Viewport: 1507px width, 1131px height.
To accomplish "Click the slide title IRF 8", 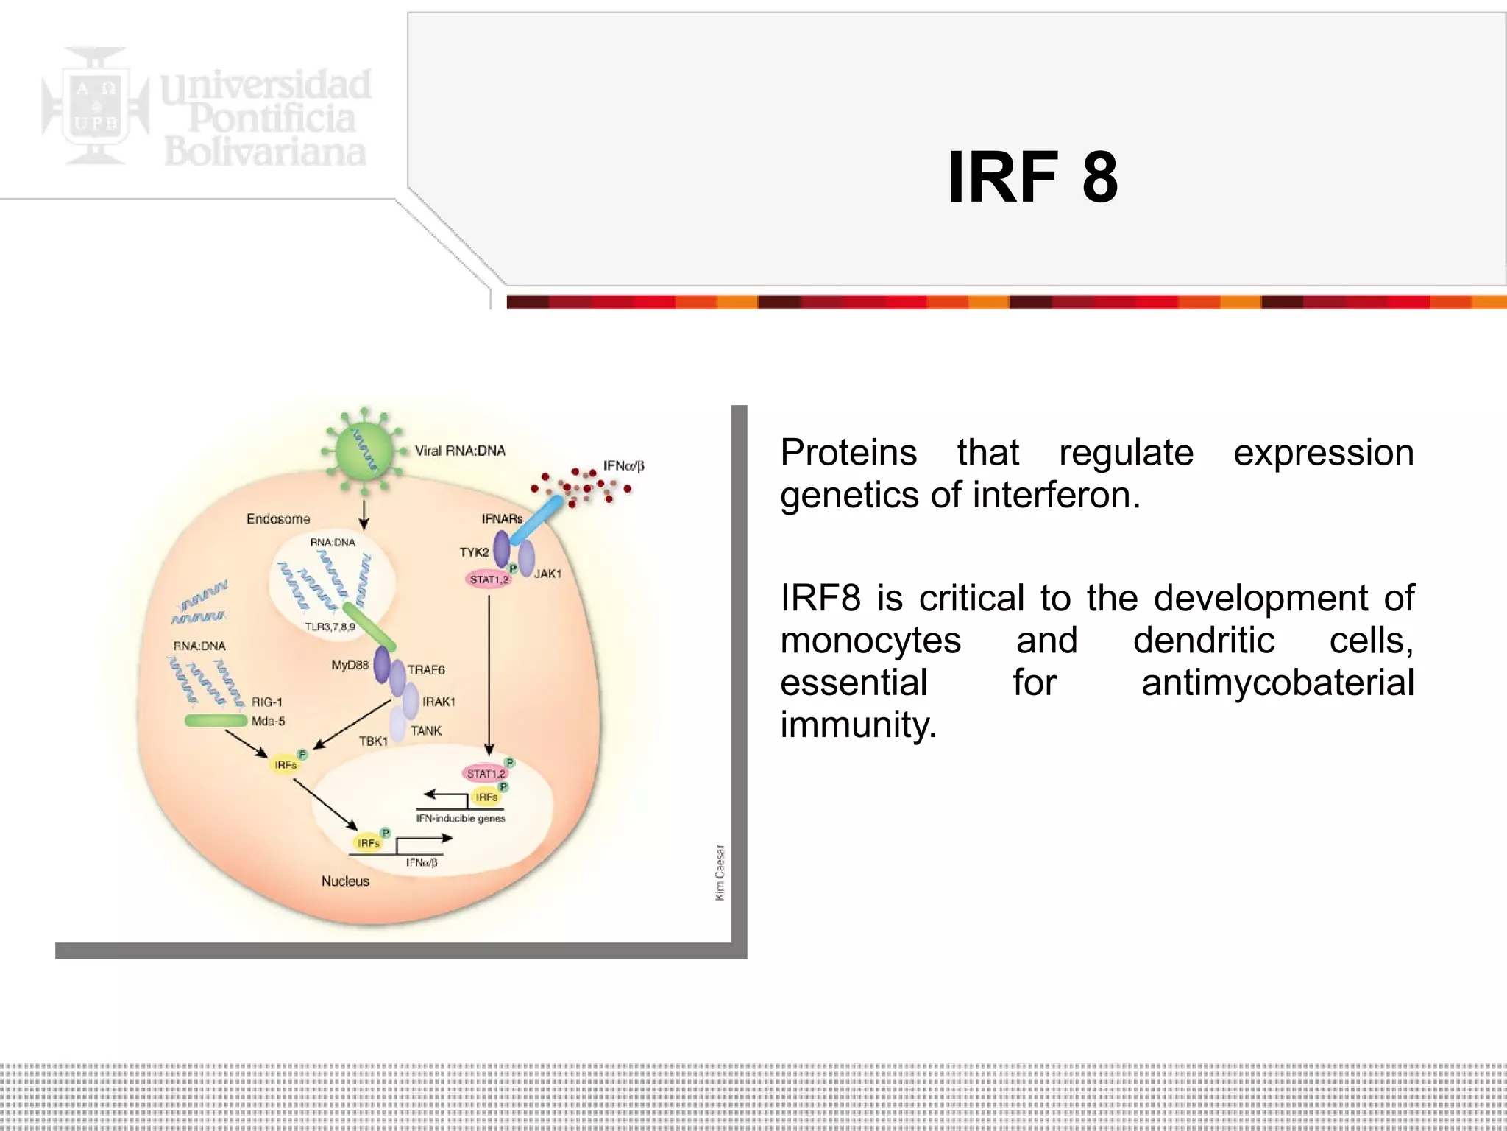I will (1032, 177).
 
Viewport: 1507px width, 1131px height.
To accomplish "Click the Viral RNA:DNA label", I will (460, 451).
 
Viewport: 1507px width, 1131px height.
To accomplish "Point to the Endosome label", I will (277, 519).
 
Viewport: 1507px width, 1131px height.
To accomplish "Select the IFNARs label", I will (502, 519).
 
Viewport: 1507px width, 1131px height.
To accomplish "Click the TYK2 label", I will (474, 552).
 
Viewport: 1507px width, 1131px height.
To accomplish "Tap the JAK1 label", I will (547, 574).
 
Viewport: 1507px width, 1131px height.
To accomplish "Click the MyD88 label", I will (350, 665).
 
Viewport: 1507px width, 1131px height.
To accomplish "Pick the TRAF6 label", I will (426, 669).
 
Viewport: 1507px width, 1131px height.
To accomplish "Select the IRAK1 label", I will (439, 702).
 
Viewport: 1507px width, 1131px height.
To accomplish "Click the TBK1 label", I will (373, 741).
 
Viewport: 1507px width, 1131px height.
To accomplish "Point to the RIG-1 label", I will (266, 702).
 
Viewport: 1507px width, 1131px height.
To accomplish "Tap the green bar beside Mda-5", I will (216, 720).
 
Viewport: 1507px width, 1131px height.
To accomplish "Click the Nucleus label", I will (345, 881).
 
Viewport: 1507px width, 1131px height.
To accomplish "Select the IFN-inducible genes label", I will (461, 818).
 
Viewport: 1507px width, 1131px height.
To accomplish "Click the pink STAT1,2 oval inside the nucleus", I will (486, 773).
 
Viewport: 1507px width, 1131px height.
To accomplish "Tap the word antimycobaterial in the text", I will (1277, 683).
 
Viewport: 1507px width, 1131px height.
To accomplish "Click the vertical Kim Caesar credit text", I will (720, 873).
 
